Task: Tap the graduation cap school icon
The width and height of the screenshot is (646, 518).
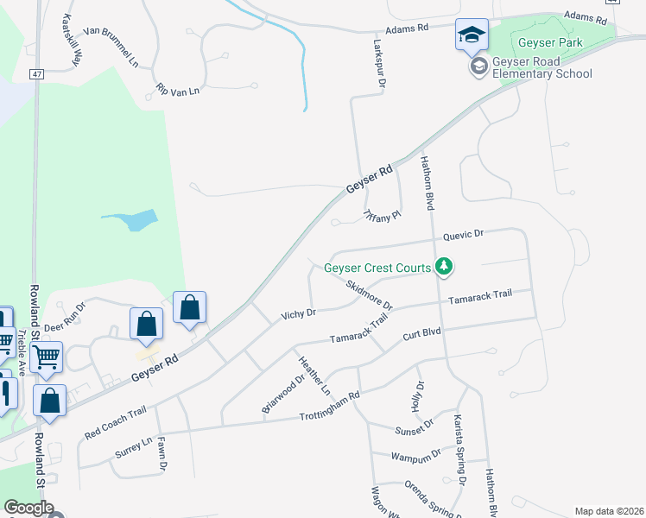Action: tap(472, 35)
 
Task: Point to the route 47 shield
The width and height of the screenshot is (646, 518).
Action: tap(37, 75)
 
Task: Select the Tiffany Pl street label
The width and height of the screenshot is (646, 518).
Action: tap(382, 216)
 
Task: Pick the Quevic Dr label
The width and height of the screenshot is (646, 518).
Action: tap(464, 234)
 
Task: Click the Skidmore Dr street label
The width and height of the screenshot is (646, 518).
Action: tap(368, 294)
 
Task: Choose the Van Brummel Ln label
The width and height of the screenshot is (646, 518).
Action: tap(111, 50)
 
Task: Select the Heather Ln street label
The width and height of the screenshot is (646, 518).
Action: tap(314, 377)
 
